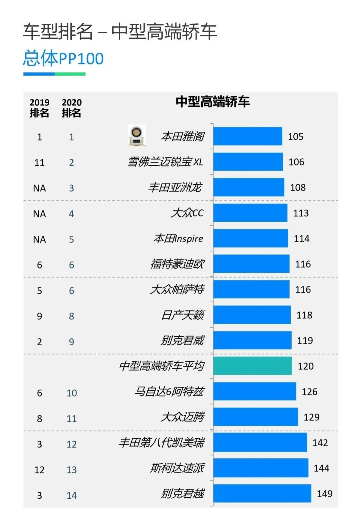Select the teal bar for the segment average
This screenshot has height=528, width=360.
[x=252, y=366]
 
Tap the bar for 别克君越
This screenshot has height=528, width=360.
[x=262, y=493]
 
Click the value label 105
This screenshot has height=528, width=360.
[x=296, y=136]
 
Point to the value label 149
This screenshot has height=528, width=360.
[x=324, y=493]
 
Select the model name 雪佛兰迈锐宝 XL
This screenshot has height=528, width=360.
[x=165, y=162]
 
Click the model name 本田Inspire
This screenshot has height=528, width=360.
[x=178, y=238]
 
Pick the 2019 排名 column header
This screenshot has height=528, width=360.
[x=39, y=108]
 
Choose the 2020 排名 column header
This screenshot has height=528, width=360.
[x=72, y=108]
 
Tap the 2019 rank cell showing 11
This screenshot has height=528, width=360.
[x=39, y=162]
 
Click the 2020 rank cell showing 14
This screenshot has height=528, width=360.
[x=72, y=495]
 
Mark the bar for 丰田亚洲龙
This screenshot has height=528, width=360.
[x=249, y=187]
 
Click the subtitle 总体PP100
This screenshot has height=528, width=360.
[x=63, y=58]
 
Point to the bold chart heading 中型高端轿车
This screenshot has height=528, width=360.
[x=213, y=102]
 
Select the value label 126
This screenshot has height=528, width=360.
[x=309, y=392]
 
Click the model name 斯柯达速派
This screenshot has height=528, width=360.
[x=177, y=468]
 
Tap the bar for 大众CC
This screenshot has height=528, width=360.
[x=250, y=213]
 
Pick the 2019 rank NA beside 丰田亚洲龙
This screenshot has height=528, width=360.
[x=39, y=188]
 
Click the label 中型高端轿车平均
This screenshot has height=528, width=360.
[x=162, y=366]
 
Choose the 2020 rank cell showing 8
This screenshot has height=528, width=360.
[x=72, y=316]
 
